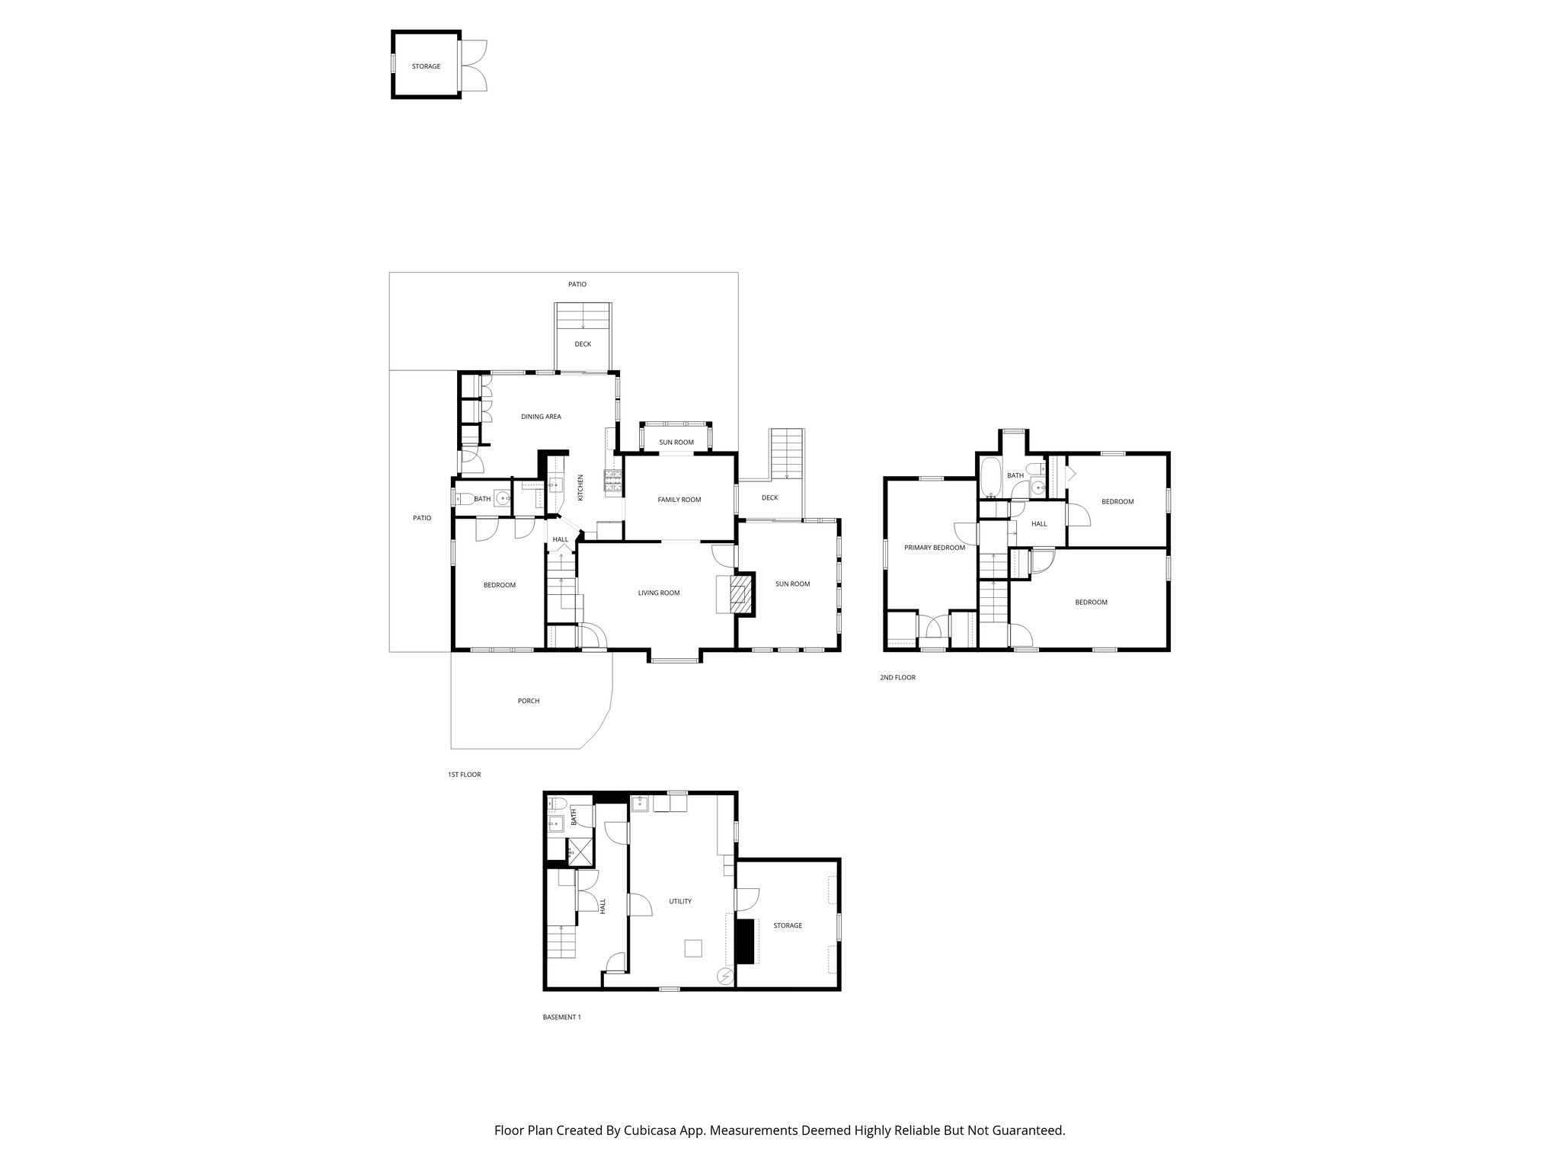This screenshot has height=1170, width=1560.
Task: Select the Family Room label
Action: [x=679, y=500]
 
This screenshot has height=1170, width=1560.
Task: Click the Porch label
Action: [x=528, y=701]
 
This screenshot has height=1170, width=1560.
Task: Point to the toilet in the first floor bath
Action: [x=464, y=500]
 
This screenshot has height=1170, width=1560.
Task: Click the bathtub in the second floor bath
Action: [x=991, y=476]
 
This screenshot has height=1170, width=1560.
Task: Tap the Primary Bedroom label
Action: [x=934, y=548]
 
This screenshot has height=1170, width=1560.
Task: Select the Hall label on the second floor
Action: [x=1039, y=524]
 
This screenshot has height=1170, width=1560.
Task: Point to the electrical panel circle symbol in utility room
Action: [x=726, y=975]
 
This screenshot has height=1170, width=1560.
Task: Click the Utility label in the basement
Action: [x=679, y=901]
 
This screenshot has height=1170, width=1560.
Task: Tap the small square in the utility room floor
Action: [x=693, y=948]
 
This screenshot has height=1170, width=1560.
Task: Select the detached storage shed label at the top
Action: [x=426, y=66]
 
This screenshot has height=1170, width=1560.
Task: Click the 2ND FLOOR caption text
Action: [x=897, y=677]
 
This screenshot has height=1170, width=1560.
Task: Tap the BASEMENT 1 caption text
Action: [x=561, y=1017]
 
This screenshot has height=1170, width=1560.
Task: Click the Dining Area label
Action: [x=541, y=417]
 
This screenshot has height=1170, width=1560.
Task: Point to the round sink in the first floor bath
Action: [x=501, y=499]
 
